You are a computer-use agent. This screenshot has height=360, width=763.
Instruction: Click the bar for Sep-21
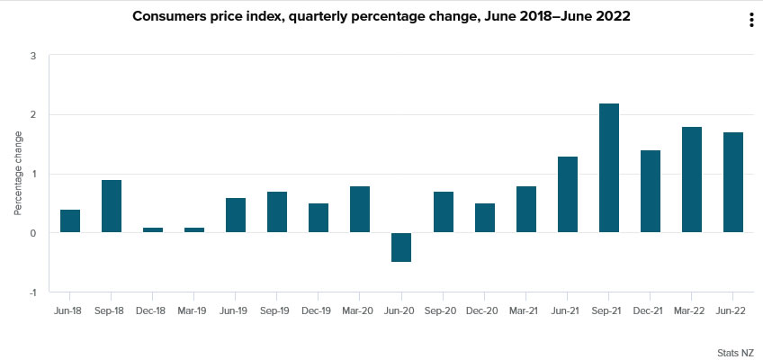tap(609, 168)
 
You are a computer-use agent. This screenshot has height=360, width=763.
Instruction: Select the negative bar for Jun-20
tap(401, 247)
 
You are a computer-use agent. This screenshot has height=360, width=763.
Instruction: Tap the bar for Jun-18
tap(70, 221)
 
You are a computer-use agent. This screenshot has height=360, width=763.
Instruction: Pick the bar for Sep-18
tap(112, 206)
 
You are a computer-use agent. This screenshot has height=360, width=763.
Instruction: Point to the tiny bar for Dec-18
tap(153, 230)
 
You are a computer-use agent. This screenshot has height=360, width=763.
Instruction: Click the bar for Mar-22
tap(692, 180)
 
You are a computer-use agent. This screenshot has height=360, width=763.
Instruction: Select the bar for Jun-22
tap(733, 183)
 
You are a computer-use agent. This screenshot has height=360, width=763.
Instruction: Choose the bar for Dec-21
tap(651, 192)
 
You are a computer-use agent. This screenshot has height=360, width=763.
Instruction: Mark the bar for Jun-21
tap(568, 194)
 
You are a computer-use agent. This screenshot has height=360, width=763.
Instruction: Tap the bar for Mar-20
tap(360, 210)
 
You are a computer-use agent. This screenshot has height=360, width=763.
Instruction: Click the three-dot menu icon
tap(751, 21)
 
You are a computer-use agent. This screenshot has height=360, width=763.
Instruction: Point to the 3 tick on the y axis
tap(33, 56)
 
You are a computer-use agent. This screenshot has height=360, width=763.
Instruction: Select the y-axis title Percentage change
tap(18, 174)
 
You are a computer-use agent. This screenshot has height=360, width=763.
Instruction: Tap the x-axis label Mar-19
tap(194, 310)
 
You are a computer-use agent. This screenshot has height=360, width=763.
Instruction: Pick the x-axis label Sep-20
tap(443, 310)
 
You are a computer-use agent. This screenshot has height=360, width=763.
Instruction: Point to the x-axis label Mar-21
tap(525, 310)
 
